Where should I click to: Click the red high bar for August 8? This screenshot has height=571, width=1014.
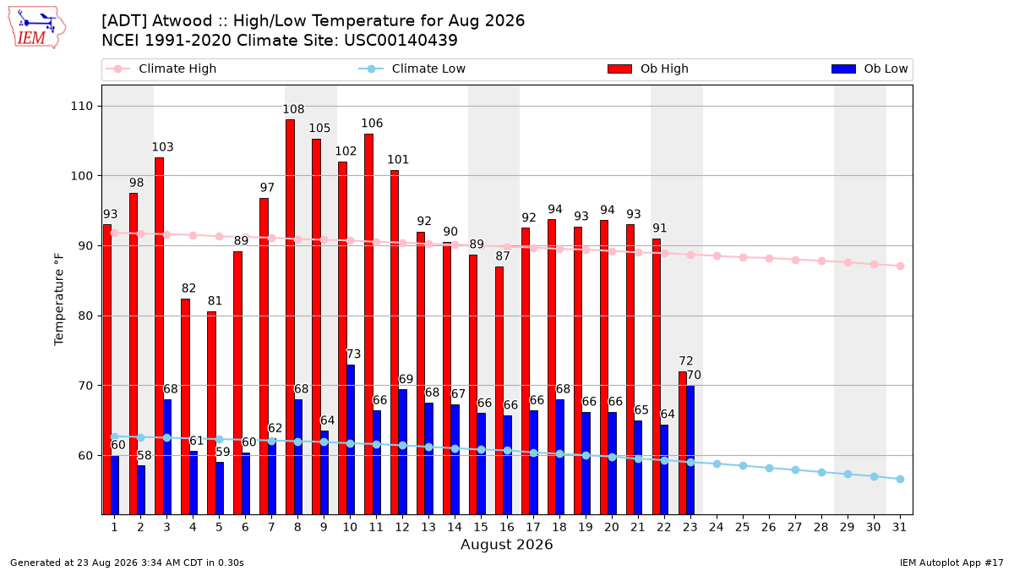pyautogui.click(x=290, y=316)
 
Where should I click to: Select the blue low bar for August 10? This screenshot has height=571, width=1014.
pyautogui.click(x=351, y=440)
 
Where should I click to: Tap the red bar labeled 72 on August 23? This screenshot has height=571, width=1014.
pyautogui.click(x=683, y=442)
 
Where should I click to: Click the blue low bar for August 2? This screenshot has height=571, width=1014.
pyautogui.click(x=141, y=490)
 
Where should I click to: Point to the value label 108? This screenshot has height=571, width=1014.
pyautogui.click(x=293, y=109)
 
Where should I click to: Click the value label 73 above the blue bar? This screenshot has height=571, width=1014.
pyautogui.click(x=353, y=354)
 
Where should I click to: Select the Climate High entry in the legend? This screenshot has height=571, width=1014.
pyautogui.click(x=161, y=69)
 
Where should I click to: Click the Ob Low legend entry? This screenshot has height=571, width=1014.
pyautogui.click(x=870, y=69)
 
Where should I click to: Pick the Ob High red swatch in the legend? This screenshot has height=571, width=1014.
pyautogui.click(x=619, y=69)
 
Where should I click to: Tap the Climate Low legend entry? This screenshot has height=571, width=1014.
pyautogui.click(x=412, y=69)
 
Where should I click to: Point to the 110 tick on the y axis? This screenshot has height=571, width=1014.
pyautogui.click(x=81, y=107)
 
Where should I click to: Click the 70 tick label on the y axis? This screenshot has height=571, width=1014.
pyautogui.click(x=85, y=386)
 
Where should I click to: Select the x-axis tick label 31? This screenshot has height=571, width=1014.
pyautogui.click(x=899, y=528)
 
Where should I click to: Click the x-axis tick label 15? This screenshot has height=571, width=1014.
pyautogui.click(x=481, y=528)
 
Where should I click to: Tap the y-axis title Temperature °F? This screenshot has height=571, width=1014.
pyautogui.click(x=59, y=299)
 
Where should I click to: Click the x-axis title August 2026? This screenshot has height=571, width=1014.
pyautogui.click(x=506, y=544)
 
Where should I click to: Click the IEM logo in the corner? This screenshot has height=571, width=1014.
pyautogui.click(x=37, y=27)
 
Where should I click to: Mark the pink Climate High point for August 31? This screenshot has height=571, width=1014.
pyautogui.click(x=901, y=266)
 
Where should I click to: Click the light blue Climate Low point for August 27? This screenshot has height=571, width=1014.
pyautogui.click(x=795, y=470)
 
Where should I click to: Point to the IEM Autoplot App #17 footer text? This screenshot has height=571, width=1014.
pyautogui.click(x=951, y=563)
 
